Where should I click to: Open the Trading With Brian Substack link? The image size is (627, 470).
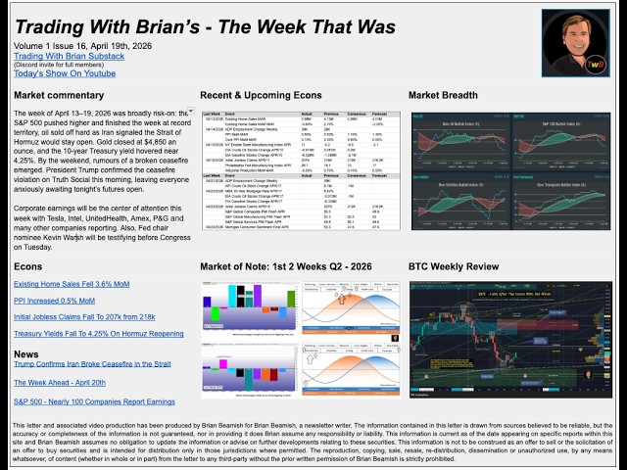[x=68, y=57]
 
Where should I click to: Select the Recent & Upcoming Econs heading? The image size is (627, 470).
[x=261, y=95]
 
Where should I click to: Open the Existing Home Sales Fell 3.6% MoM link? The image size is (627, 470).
[x=72, y=284]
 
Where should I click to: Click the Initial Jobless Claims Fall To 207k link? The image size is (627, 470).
[x=84, y=317]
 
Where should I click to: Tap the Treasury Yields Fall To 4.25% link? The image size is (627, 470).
[x=99, y=334]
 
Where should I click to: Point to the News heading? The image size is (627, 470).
[x=26, y=353]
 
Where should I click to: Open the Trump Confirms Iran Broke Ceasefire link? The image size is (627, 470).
[x=93, y=364]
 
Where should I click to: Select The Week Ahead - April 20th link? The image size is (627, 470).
[x=60, y=383]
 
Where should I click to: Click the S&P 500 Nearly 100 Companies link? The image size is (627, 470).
[x=94, y=401]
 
